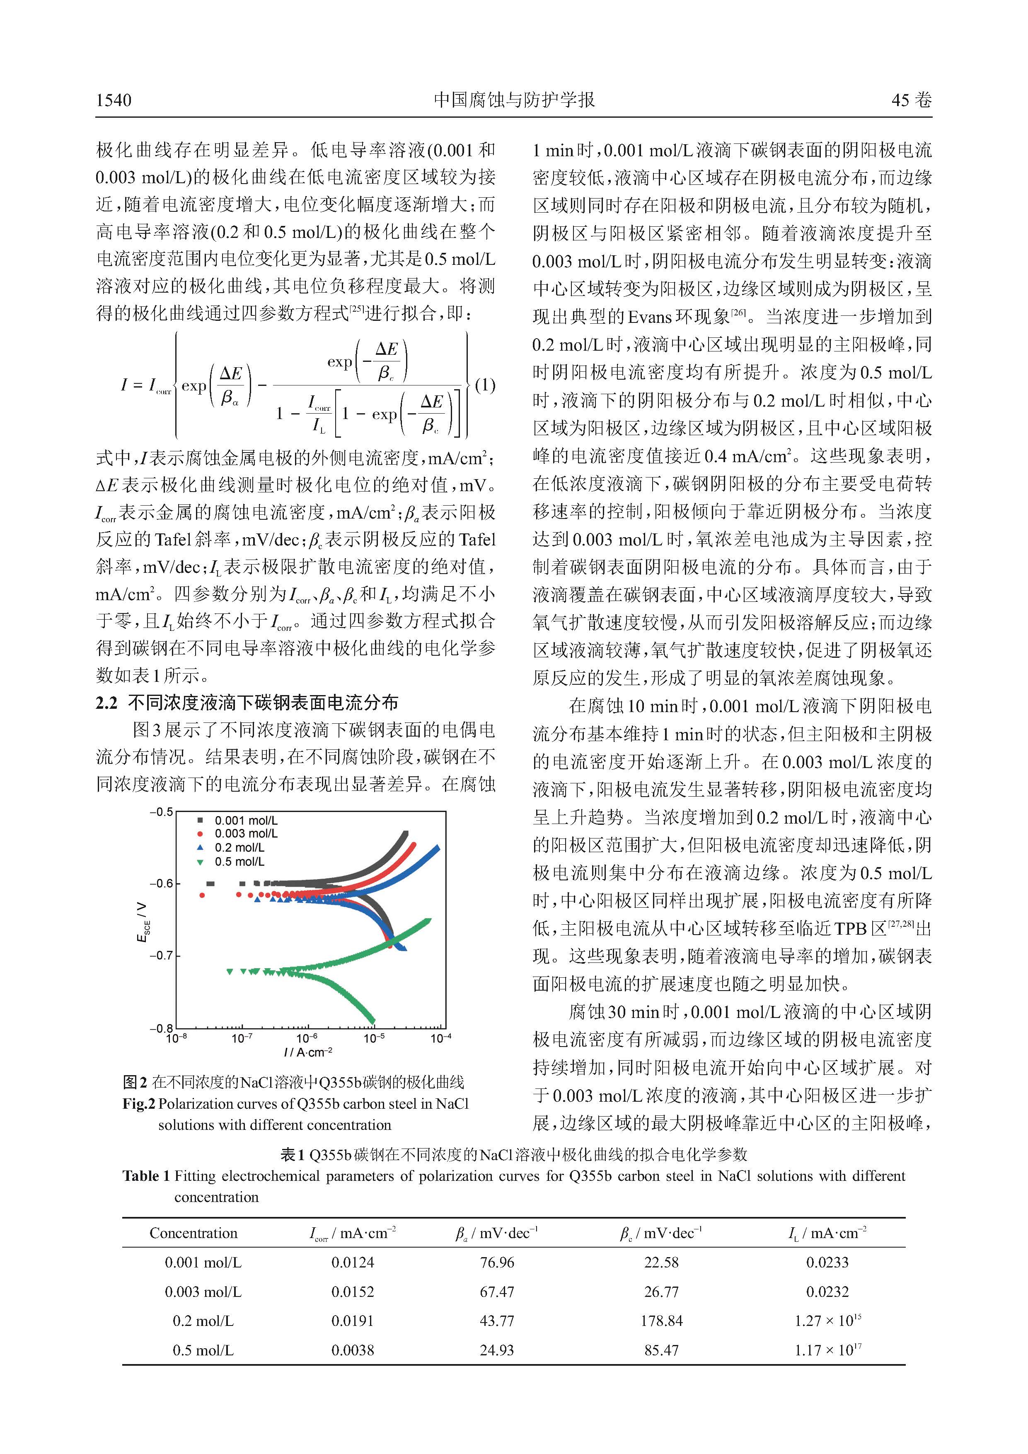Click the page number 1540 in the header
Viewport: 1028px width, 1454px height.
(114, 100)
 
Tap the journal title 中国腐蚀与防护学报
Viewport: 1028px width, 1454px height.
(514, 100)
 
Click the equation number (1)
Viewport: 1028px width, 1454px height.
(485, 385)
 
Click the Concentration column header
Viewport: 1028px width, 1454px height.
(193, 1233)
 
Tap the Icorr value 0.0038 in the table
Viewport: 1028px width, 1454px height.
(353, 1350)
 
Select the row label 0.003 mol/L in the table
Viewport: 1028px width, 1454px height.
(203, 1291)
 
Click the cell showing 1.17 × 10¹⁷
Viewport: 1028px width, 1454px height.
(827, 1350)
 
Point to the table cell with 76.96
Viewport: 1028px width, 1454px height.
(497, 1262)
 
